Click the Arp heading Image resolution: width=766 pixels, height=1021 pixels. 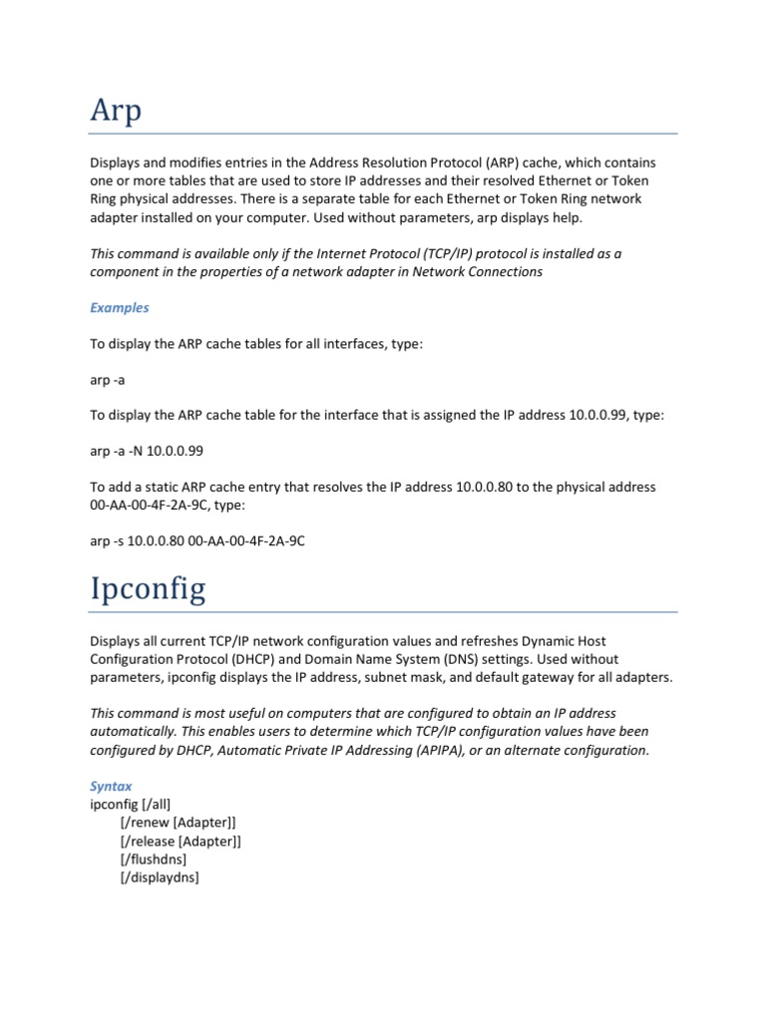point(116,110)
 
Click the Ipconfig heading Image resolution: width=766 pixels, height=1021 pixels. point(148,588)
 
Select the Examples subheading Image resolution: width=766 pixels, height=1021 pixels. point(119,308)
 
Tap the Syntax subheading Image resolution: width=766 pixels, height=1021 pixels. point(111,786)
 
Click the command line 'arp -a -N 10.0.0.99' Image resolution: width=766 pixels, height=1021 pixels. point(147,451)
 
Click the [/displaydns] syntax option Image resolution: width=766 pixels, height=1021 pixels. point(159,877)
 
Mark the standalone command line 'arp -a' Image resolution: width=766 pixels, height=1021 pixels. point(109,380)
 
